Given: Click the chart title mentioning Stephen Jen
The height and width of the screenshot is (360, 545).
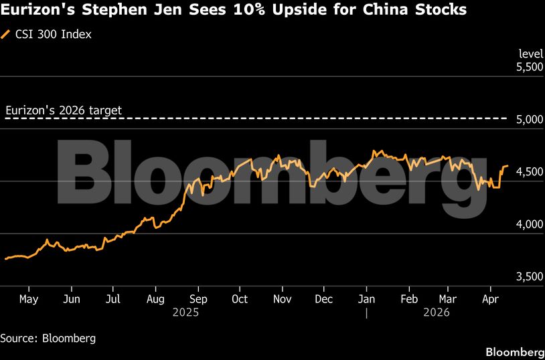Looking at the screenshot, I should pyautogui.click(x=234, y=11).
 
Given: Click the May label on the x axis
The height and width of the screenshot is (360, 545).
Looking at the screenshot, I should pyautogui.click(x=29, y=299).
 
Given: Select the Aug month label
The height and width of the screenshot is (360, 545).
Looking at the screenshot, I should pyautogui.click(x=155, y=299).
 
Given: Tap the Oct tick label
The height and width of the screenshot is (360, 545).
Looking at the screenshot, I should pyautogui.click(x=240, y=299).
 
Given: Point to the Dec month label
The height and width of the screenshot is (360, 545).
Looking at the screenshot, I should pyautogui.click(x=324, y=299).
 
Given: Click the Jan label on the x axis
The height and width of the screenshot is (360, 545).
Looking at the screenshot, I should pyautogui.click(x=366, y=299).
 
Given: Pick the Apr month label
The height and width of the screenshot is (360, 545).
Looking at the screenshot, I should pyautogui.click(x=492, y=299).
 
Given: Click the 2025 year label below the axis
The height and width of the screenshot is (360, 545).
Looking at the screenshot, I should pyautogui.click(x=186, y=312).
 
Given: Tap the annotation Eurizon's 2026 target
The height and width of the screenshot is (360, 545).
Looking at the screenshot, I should pyautogui.click(x=64, y=110).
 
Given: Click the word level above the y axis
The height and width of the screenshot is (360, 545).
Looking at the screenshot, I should pyautogui.click(x=531, y=54).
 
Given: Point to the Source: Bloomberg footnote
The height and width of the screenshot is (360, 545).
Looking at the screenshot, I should pyautogui.click(x=48, y=338).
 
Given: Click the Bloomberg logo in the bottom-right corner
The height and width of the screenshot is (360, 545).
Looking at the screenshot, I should pyautogui.click(x=514, y=352).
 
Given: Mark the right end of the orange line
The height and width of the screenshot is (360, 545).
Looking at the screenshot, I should pyautogui.click(x=508, y=165).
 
